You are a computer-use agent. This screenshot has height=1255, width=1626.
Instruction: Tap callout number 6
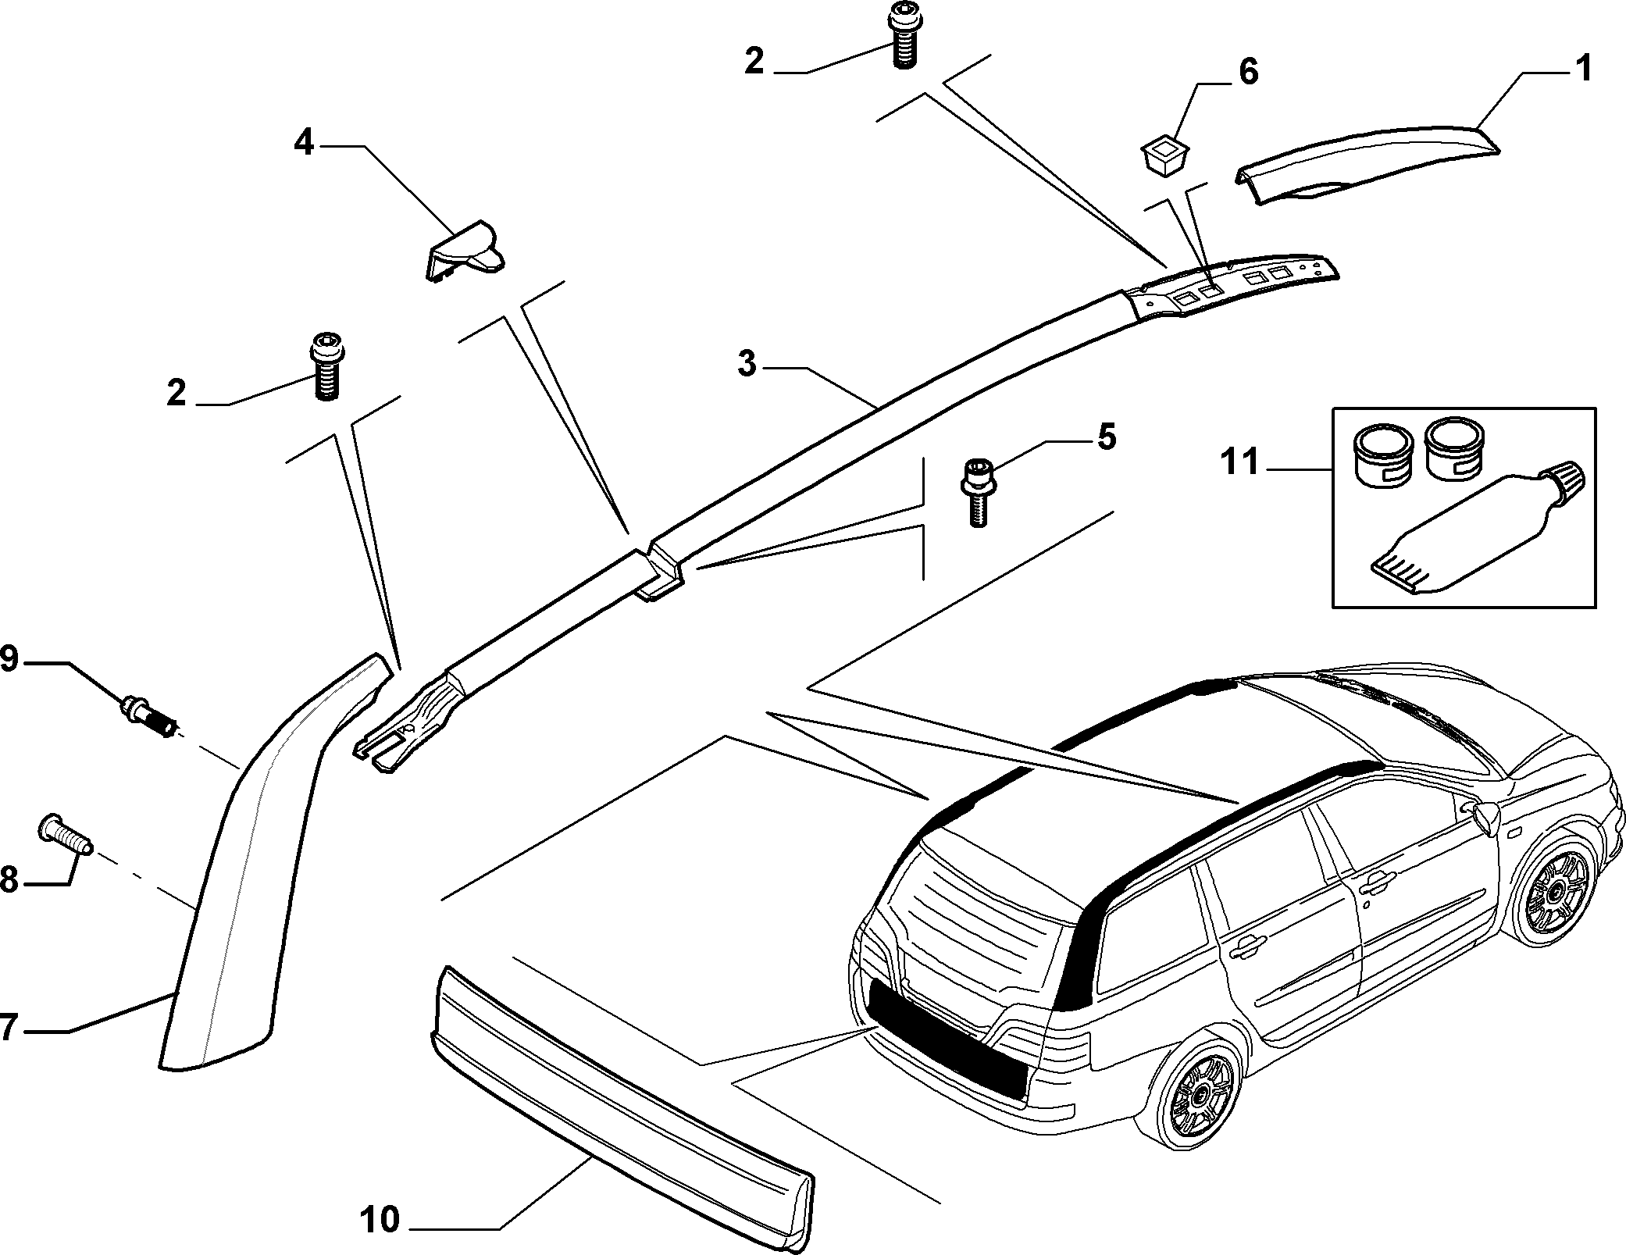(1248, 72)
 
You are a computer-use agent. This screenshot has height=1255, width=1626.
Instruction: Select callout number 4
(304, 143)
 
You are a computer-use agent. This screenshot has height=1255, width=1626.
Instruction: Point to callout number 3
(747, 364)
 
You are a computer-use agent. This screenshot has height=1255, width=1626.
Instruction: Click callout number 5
(1106, 437)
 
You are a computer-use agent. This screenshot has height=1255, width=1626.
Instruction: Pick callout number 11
(1240, 462)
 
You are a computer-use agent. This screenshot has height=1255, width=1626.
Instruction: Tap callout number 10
(380, 1219)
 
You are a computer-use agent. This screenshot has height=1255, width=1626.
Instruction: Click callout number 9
(9, 660)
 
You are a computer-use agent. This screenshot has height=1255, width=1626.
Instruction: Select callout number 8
(9, 880)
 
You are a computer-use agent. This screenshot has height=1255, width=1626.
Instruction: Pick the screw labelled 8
(66, 834)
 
